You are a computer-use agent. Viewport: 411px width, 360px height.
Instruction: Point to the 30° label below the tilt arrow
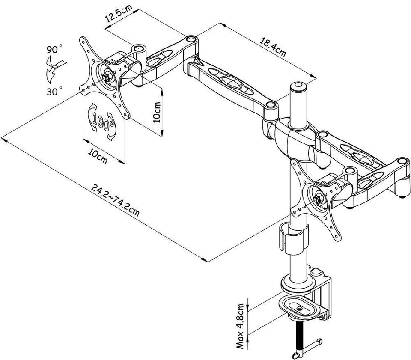pyautogui.click(x=55, y=90)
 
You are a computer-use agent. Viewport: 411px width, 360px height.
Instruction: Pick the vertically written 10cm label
pyautogui.click(x=158, y=113)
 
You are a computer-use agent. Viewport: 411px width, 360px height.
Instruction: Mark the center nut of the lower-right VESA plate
pyautogui.click(x=319, y=199)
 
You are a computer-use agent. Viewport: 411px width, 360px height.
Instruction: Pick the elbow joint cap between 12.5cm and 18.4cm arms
pyautogui.click(x=191, y=39)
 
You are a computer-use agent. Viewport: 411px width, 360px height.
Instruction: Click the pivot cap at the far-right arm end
pyautogui.click(x=401, y=163)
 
